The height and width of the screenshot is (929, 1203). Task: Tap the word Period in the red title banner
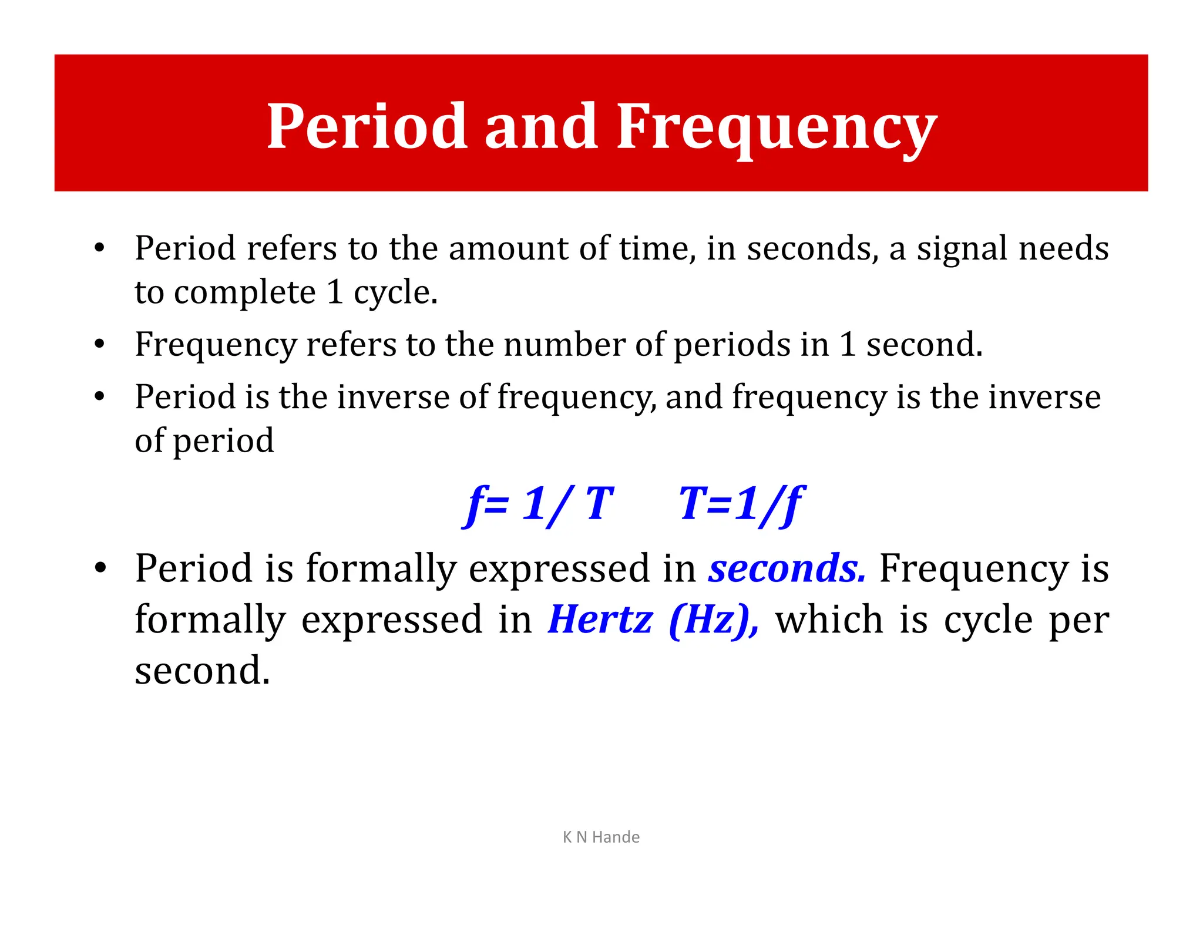367,126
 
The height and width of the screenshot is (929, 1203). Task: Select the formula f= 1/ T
539,504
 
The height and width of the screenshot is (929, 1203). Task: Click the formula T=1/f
741,504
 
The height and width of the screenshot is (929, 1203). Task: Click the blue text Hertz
600,620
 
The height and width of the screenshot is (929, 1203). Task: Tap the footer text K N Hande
601,837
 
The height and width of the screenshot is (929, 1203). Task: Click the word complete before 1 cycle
244,293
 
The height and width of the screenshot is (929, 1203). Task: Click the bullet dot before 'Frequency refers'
99,344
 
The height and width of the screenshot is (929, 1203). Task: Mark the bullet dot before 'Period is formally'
100,568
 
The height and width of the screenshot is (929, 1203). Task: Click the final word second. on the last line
202,670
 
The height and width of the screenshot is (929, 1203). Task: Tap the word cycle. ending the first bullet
395,293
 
